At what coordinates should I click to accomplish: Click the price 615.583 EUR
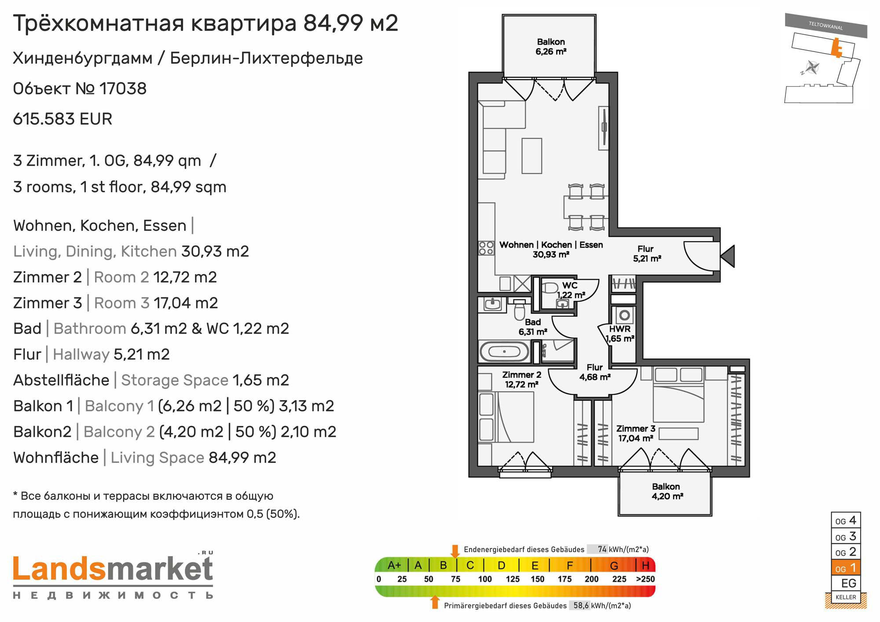(62, 119)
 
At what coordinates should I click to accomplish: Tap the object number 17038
(123, 89)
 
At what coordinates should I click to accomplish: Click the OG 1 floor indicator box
(846, 567)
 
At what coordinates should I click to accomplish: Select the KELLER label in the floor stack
(846, 597)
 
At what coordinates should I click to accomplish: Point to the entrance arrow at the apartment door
(727, 256)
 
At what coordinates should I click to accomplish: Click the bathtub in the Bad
(504, 352)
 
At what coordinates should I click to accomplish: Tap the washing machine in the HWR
(624, 315)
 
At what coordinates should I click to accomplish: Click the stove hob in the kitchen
(486, 248)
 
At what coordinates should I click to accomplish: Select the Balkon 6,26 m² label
(551, 47)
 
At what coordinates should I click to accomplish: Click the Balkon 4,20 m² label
(667, 491)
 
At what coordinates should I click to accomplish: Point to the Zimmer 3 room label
(635, 433)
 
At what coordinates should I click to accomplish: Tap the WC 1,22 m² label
(571, 290)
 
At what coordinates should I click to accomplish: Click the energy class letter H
(645, 565)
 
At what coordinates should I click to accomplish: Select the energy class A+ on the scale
(394, 565)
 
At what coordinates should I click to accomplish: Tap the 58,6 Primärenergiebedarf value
(581, 605)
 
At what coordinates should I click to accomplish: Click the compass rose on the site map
(811, 68)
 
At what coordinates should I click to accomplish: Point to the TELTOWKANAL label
(825, 25)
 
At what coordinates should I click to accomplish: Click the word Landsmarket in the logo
(113, 569)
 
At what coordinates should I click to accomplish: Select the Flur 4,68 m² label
(594, 372)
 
